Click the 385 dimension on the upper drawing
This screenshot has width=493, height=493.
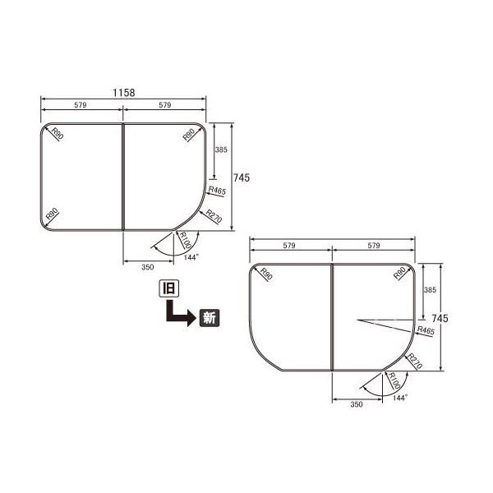pos(220,151)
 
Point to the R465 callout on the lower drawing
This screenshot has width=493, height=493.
pos(425,330)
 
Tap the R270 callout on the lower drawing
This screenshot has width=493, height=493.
pos(416,360)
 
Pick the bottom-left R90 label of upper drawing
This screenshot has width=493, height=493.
pos(52,215)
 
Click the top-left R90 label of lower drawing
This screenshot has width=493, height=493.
pos(265,275)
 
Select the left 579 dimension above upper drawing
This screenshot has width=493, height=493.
pos(81,105)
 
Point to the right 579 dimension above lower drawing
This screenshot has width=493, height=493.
pos(373,246)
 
